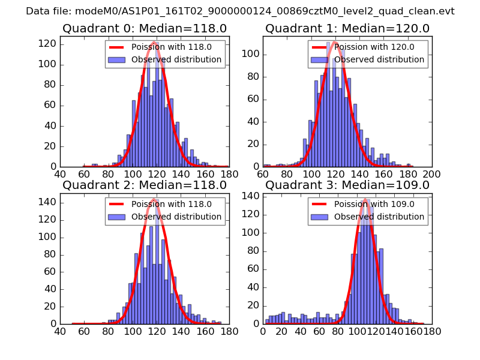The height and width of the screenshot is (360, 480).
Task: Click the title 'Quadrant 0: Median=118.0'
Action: pos(145,28)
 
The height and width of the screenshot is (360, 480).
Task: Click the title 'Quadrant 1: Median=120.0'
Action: pos(347,28)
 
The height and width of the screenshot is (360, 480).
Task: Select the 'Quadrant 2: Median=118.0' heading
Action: pos(145,185)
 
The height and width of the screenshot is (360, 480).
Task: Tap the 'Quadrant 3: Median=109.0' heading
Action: pos(347,185)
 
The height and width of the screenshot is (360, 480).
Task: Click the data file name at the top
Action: pos(240,11)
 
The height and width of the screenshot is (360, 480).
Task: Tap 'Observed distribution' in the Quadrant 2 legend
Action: pos(176,217)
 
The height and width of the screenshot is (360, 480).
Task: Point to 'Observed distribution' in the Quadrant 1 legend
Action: pos(379,59)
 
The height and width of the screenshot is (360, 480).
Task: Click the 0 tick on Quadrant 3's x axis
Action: pos(263,332)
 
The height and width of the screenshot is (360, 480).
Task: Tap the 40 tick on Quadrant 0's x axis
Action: pos(61,175)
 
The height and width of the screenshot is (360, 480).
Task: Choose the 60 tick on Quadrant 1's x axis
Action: pos(263,175)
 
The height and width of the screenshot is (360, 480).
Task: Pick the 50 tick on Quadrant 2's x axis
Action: pos(72,332)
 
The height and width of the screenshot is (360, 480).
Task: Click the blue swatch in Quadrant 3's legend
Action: pos(320,217)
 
